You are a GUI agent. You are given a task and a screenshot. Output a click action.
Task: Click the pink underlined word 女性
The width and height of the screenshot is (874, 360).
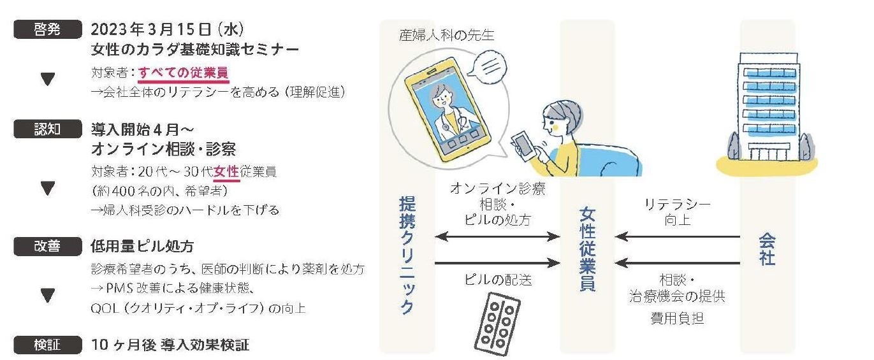point(226,171)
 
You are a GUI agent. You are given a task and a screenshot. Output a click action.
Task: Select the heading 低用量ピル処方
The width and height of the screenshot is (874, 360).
point(143,246)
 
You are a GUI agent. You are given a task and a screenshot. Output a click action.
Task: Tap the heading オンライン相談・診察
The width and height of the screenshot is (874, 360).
point(164,150)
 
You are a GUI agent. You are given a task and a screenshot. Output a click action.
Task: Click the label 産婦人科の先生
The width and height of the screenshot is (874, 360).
point(446,34)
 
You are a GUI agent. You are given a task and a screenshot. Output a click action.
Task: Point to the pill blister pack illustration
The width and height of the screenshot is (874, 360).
point(497,322)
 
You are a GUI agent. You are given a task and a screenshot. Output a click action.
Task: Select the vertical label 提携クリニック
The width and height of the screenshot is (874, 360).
point(407,255)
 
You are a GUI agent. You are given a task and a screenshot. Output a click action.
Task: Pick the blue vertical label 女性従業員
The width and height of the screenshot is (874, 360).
point(587,248)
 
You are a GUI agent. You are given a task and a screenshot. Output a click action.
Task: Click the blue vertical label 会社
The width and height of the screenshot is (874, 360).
point(767,249)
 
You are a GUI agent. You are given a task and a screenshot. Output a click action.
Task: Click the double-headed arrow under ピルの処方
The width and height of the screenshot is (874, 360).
point(498,237)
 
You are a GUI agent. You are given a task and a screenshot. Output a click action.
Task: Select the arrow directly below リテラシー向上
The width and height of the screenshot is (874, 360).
point(678,237)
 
